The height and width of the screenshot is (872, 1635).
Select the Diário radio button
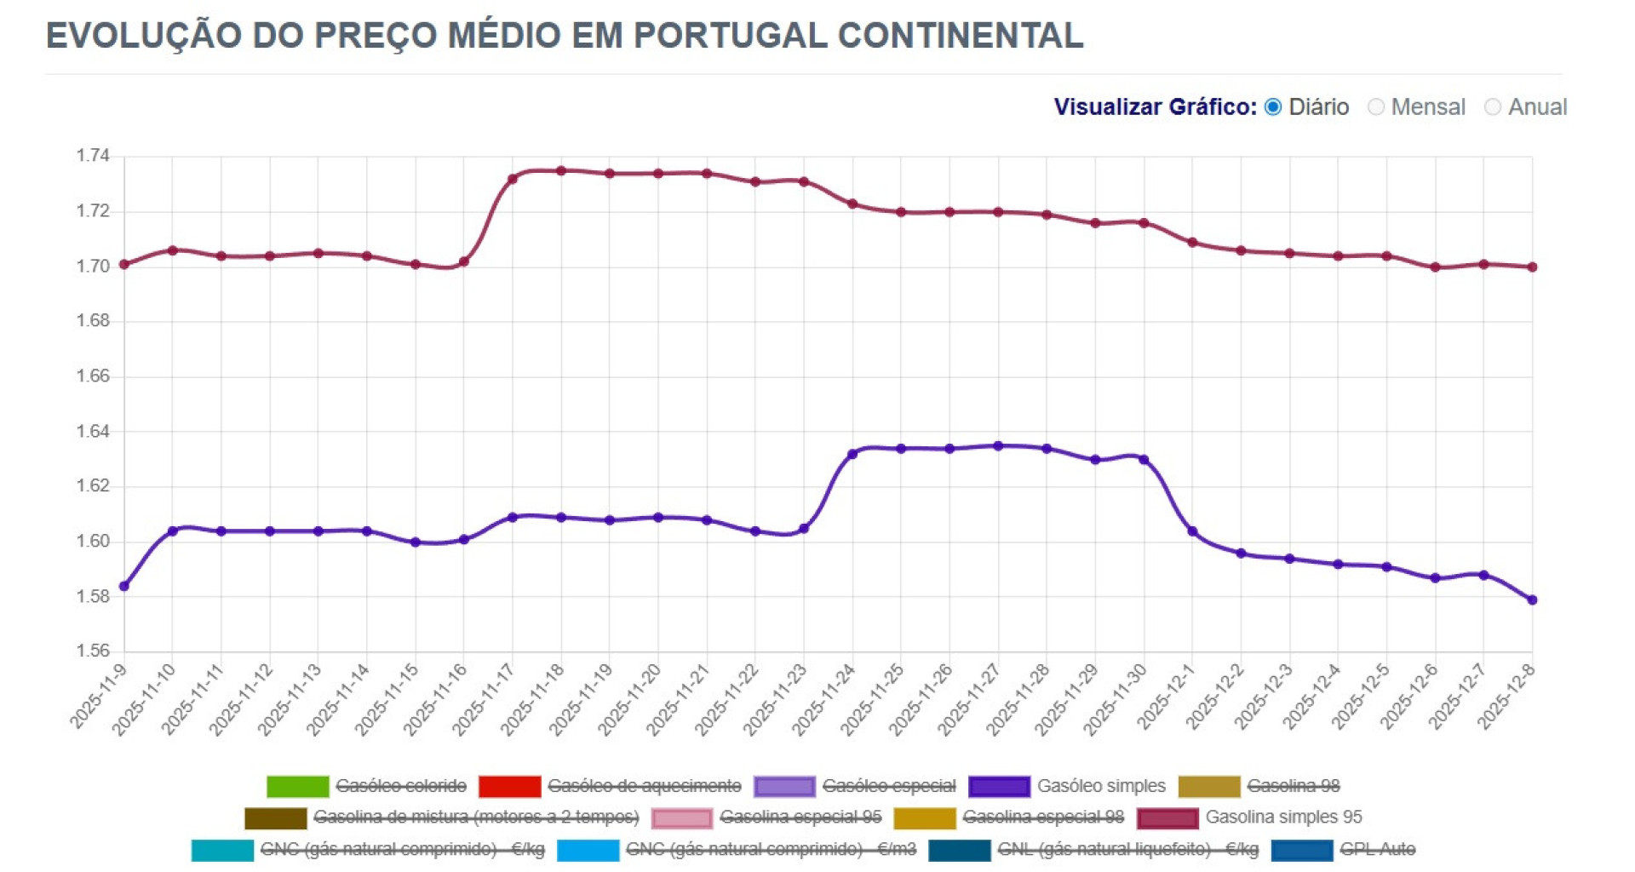1273,107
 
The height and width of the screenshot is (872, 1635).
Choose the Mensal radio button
1376,107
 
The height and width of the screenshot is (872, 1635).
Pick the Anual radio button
1492,107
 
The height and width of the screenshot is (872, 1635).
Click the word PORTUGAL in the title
730,36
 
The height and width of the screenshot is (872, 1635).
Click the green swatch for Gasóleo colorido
297,786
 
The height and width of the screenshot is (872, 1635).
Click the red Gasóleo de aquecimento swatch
509,786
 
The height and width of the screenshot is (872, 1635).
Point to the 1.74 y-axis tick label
93,156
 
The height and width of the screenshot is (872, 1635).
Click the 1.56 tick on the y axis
93,651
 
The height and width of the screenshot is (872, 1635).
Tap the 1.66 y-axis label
93,376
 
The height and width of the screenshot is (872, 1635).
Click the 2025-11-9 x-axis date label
99,697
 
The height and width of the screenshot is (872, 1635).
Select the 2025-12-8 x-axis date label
1507,697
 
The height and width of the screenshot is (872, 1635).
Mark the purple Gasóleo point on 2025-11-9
124,587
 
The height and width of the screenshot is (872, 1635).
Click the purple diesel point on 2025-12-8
1532,600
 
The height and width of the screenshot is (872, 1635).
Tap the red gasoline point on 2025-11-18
561,171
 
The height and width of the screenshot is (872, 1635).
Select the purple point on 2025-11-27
998,446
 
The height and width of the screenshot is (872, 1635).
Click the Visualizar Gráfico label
1155,107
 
